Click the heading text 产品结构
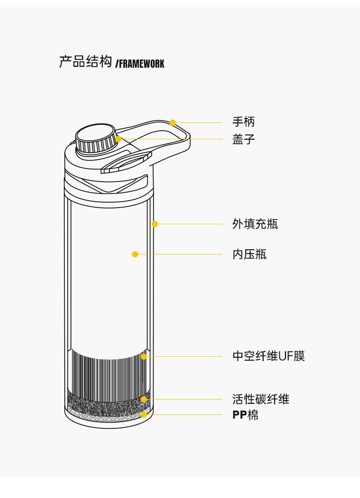(x=85, y=62)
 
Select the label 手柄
(x=243, y=122)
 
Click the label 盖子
(x=243, y=140)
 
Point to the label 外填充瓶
(x=255, y=224)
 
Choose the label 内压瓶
(x=249, y=254)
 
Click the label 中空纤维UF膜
(x=268, y=356)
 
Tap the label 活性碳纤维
(x=261, y=399)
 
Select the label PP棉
(x=245, y=415)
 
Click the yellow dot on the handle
(x=172, y=122)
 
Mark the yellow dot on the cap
(x=118, y=139)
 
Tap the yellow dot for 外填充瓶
(x=155, y=224)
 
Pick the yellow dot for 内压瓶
(x=135, y=254)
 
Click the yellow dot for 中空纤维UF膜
(x=144, y=356)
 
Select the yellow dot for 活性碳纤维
(x=144, y=399)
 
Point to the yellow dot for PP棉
(x=144, y=414)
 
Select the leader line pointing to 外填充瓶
(x=190, y=224)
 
